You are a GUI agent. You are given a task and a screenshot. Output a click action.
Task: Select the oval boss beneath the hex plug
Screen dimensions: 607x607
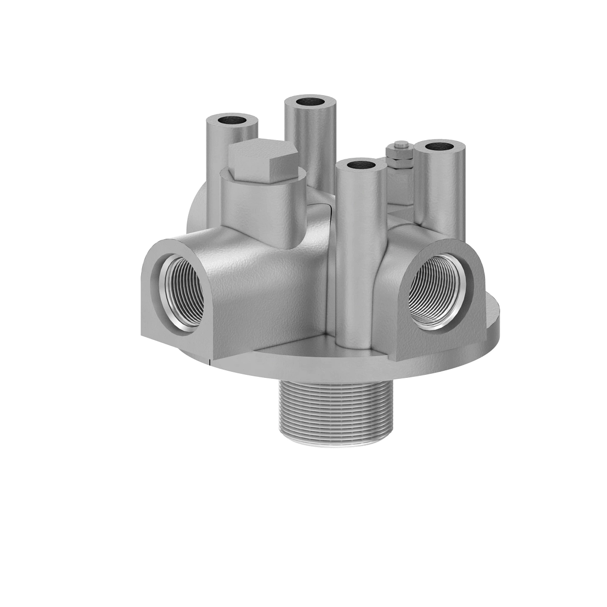pyautogui.click(x=263, y=207)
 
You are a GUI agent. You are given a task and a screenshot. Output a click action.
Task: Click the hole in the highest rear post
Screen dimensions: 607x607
pyautogui.click(x=311, y=101)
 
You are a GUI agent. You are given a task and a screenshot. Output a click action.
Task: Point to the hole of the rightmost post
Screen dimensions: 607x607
pyautogui.click(x=439, y=147)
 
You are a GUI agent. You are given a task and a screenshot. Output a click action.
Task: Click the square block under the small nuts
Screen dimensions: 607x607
pyautogui.click(x=400, y=187)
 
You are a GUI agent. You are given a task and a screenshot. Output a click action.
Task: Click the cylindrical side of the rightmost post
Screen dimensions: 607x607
pyautogui.click(x=440, y=192)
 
